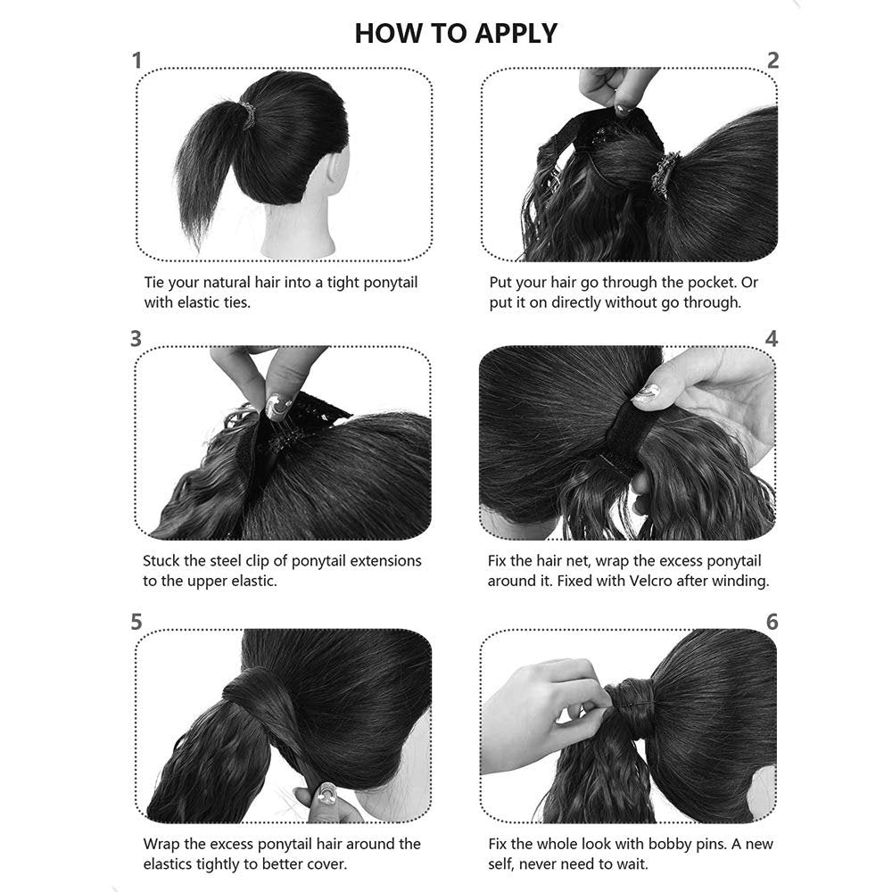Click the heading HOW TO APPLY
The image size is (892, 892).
click(x=456, y=33)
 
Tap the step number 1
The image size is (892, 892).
click(x=136, y=61)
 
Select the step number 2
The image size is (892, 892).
click(x=772, y=61)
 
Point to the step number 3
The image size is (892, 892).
click(x=136, y=338)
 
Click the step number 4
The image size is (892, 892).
click(x=772, y=338)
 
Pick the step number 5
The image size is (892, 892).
click(x=136, y=622)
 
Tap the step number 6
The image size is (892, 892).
click(x=772, y=622)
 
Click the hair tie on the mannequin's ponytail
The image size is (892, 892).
click(x=247, y=114)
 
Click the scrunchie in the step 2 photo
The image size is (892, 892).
click(x=665, y=175)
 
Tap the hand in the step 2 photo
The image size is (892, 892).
click(x=616, y=88)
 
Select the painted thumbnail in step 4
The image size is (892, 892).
click(x=647, y=393)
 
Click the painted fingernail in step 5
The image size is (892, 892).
click(x=326, y=794)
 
